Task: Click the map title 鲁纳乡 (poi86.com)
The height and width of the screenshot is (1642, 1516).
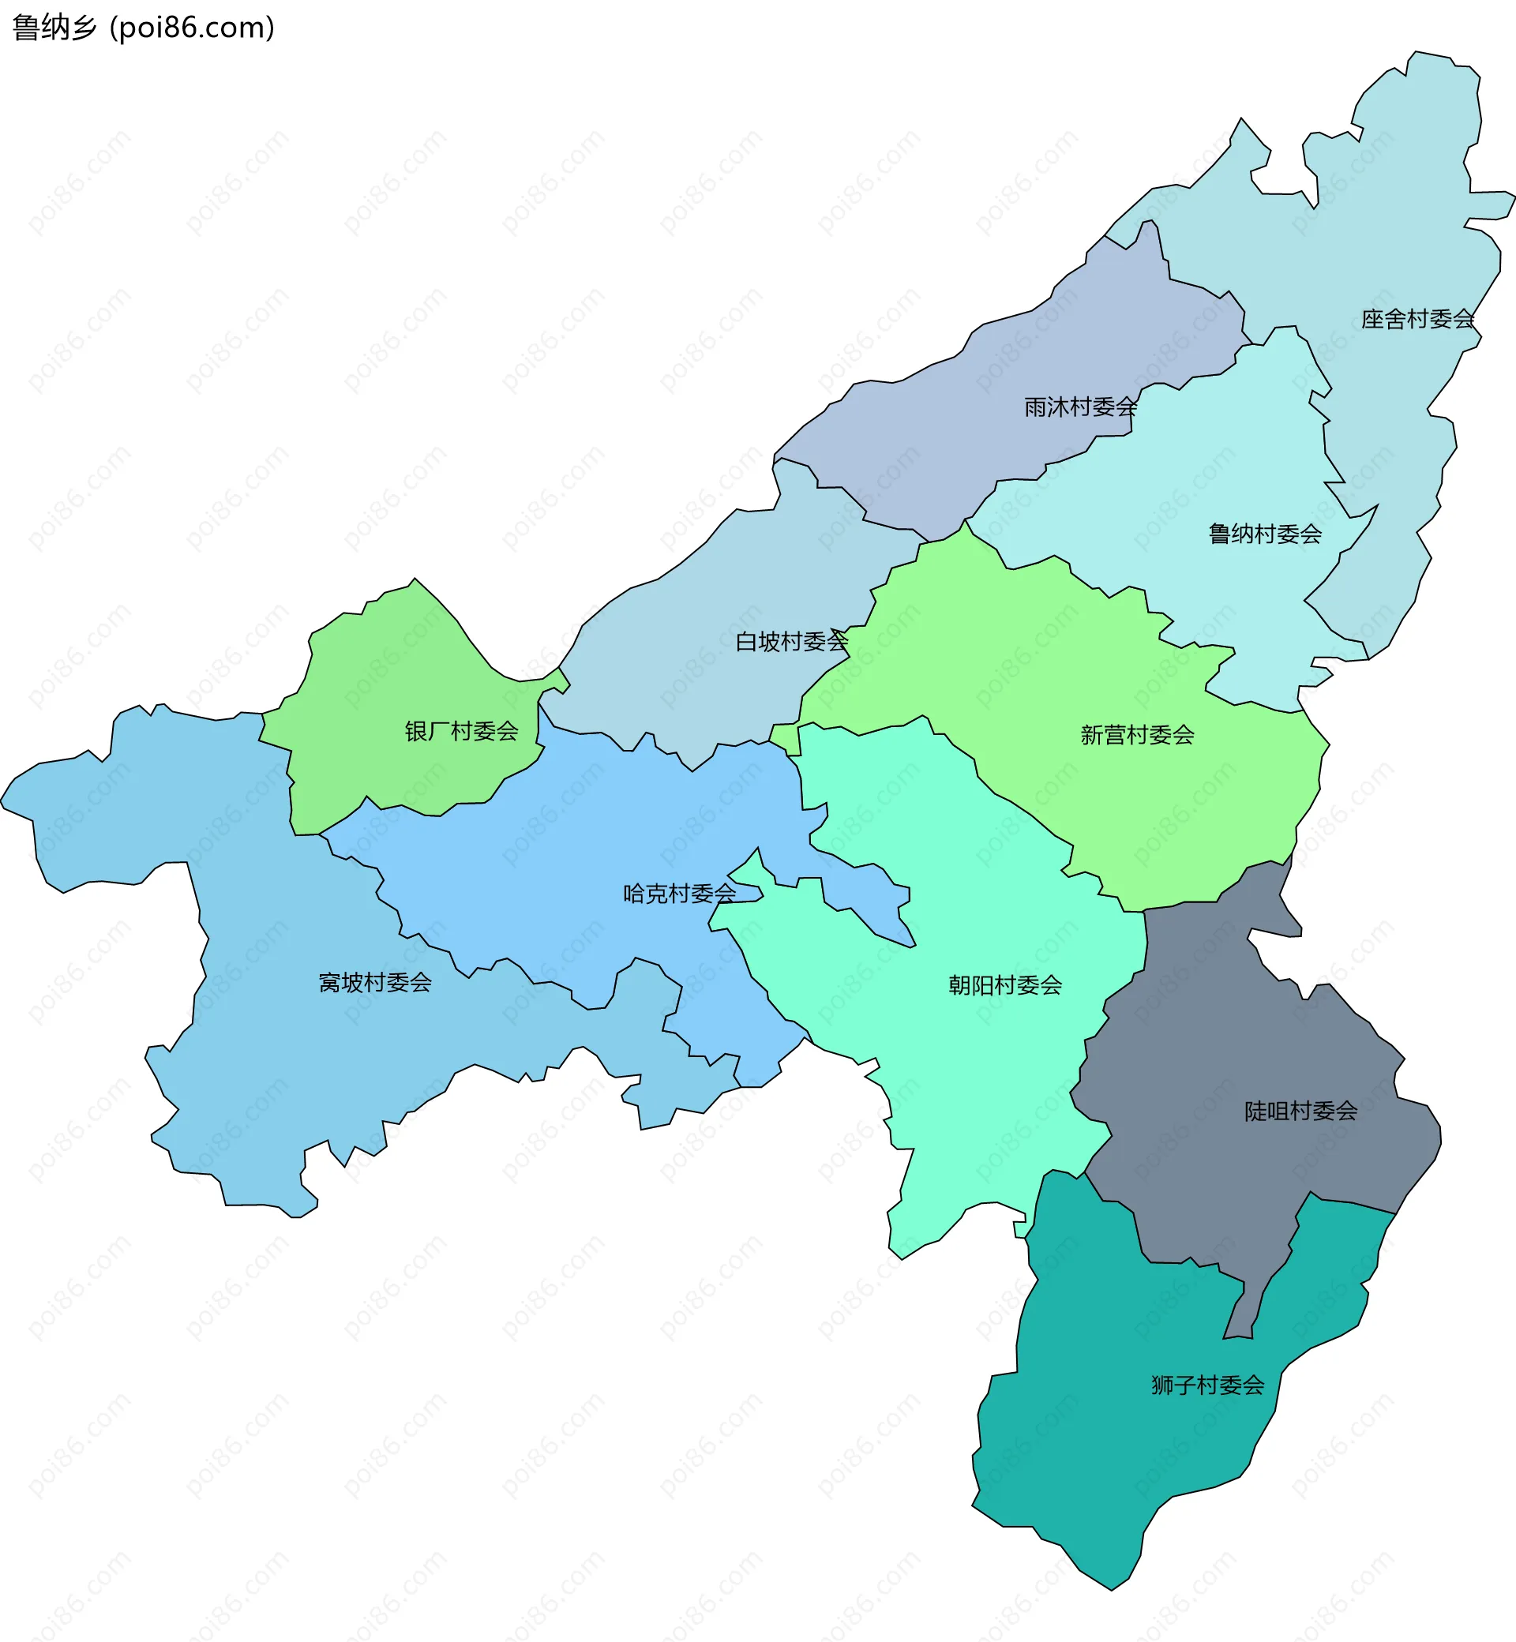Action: pos(144,28)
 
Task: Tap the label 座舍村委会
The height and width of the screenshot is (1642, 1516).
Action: pos(1417,319)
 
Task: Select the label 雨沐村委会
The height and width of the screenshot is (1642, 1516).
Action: pos(1080,407)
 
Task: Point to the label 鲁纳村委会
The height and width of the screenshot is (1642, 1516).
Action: pos(1265,534)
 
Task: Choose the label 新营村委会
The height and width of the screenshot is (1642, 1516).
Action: pos(1137,735)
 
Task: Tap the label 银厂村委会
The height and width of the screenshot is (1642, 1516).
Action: pos(462,731)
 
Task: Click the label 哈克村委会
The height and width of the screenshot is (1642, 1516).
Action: pos(680,893)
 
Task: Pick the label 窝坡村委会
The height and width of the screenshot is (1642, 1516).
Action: pos(375,983)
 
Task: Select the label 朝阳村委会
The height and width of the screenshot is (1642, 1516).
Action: pos(1005,985)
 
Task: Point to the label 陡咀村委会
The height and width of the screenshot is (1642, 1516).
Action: pos(1301,1112)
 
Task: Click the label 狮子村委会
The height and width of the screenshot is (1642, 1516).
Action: pos(1207,1385)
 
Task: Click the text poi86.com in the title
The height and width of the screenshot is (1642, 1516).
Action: pos(193,28)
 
